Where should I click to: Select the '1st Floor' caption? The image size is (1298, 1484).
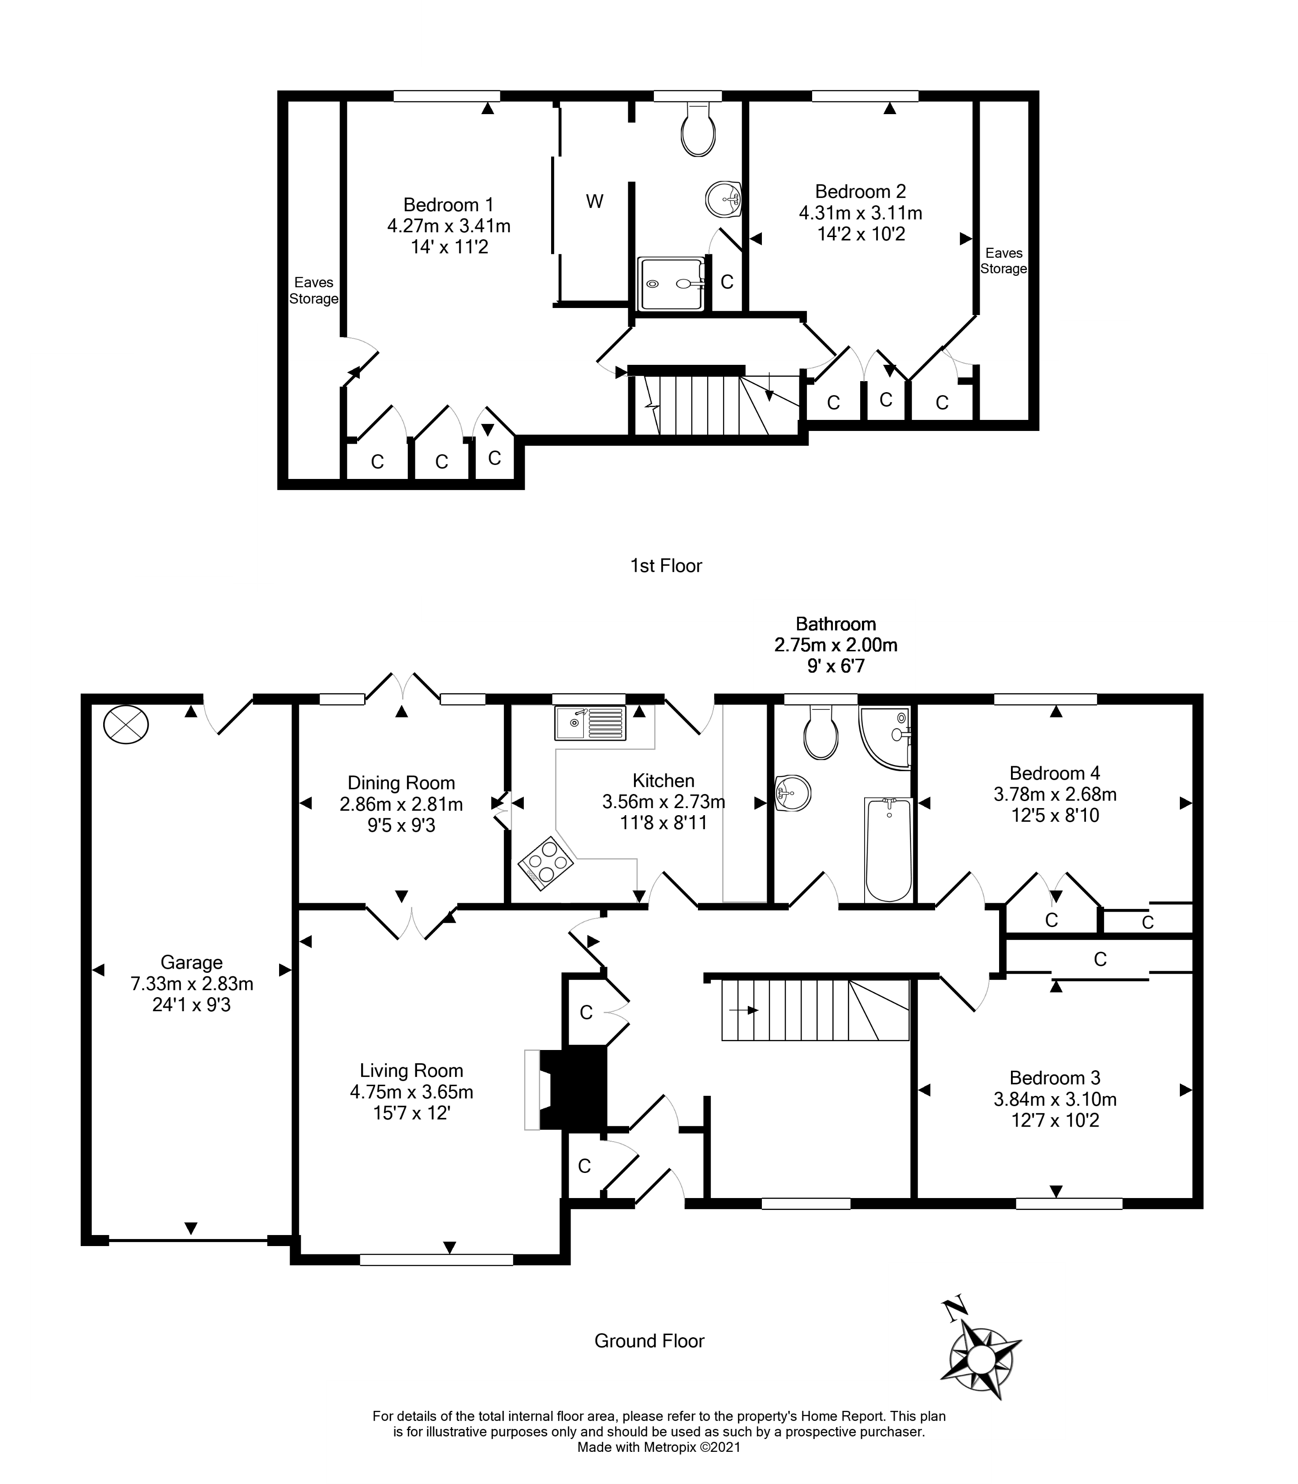point(666,565)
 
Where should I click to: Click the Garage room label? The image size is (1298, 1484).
point(191,962)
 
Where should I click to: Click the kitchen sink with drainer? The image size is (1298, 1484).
point(589,723)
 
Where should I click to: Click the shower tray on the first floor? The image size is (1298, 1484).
point(671,284)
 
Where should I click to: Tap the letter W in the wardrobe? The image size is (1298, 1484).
point(595,201)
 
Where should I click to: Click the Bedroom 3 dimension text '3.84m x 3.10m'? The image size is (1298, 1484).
point(1055,1099)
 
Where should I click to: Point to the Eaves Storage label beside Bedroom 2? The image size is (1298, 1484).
point(1003,260)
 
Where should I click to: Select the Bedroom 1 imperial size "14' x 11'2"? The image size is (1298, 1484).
point(449,247)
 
